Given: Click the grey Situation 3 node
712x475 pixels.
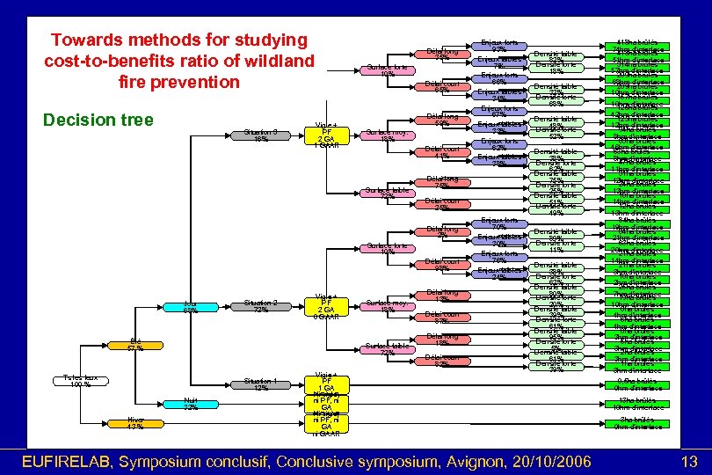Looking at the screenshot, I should (261, 135).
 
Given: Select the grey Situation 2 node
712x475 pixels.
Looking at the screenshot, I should (261, 306).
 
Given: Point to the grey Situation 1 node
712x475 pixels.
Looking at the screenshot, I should (261, 384).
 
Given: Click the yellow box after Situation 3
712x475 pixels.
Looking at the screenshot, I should (326, 135).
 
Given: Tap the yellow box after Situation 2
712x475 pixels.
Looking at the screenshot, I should (326, 306).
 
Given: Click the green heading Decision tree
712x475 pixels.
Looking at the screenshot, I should (98, 120).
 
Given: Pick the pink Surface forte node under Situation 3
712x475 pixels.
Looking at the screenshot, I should (387, 69).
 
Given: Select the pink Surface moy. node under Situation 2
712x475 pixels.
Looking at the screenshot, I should (387, 306).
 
